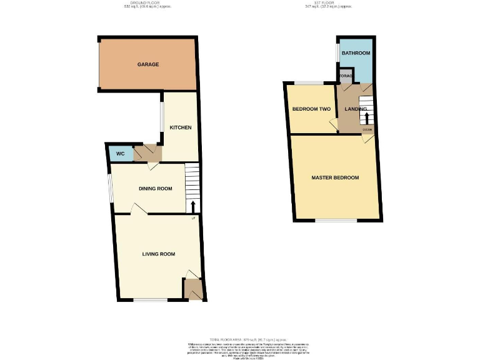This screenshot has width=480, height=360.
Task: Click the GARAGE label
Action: click(x=148, y=64)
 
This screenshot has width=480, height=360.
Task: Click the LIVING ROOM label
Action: click(x=158, y=254)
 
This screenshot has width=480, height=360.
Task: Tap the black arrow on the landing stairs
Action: click(x=367, y=117)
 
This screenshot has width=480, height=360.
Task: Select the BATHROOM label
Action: click(x=355, y=54)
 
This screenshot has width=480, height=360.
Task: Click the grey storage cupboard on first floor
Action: click(x=346, y=77)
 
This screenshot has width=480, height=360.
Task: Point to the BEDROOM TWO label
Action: click(x=311, y=109)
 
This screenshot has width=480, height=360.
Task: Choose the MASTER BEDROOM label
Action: click(x=335, y=178)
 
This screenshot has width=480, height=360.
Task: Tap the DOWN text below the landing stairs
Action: click(x=367, y=130)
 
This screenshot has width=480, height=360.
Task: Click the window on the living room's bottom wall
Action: click(x=150, y=301)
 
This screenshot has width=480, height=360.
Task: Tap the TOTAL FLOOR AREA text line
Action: click(x=240, y=337)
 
